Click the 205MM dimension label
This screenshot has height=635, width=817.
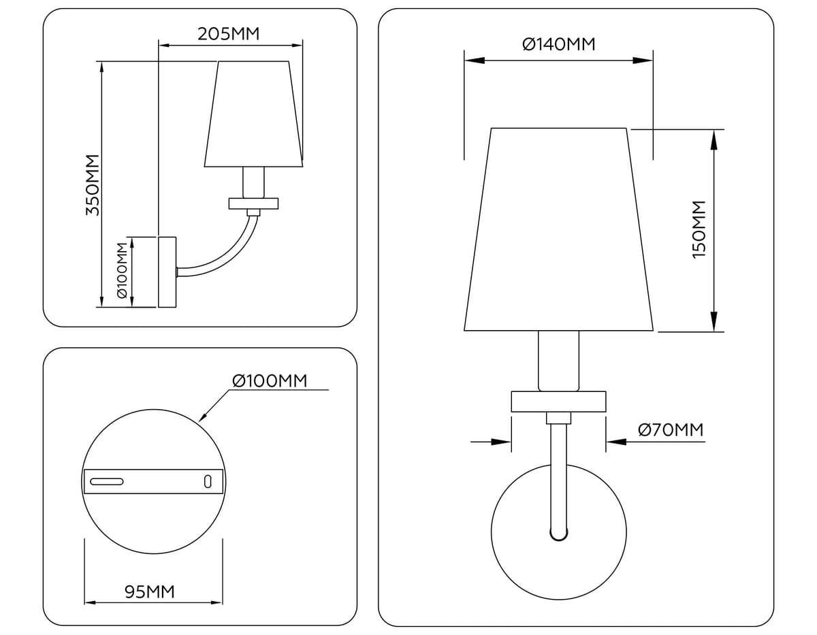229,33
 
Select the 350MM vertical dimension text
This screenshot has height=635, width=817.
93,184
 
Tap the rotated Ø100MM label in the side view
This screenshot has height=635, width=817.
122,270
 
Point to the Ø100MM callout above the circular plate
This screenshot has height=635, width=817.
270,380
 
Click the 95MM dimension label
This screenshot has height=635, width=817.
150,592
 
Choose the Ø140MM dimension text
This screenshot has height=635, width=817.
558,44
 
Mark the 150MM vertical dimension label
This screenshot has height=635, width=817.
699,229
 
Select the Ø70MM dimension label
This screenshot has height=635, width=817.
670,429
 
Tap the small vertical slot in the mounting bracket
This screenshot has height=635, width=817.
208,481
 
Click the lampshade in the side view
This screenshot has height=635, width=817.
253,114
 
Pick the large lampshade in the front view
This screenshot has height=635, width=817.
558,229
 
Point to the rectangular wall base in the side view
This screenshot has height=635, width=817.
167,272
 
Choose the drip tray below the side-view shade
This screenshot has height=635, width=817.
253,203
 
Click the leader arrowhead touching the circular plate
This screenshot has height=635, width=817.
203,418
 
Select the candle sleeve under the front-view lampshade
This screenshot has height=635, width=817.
558,361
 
